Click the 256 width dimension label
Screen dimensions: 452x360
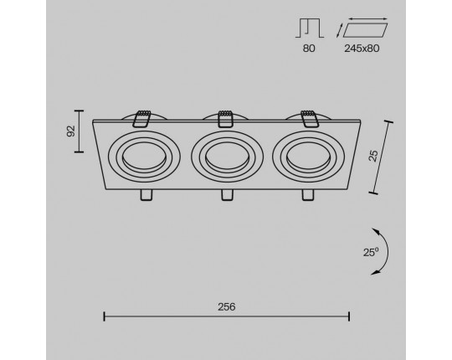click(227, 307)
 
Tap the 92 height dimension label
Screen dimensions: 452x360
click(71, 131)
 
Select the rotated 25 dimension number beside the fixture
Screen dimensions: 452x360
click(373, 156)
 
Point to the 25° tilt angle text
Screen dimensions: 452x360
click(371, 253)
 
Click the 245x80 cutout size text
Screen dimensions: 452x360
click(362, 49)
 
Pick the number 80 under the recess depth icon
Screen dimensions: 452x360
click(309, 49)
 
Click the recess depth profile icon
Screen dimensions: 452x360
click(310, 28)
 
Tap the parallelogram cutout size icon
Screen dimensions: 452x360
click(362, 28)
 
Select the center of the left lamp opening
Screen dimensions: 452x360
click(144, 157)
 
